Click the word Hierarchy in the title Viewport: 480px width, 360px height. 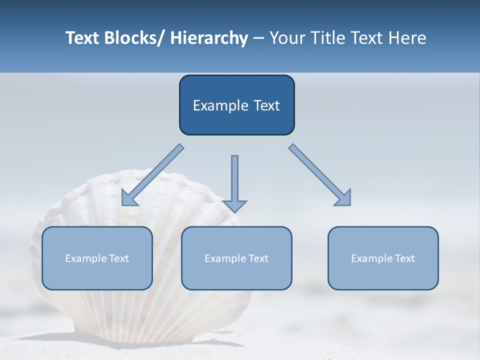[x=209, y=38]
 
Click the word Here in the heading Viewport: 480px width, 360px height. [x=407, y=38]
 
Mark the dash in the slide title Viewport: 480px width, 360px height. [x=258, y=38]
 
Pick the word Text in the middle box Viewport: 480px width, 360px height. [x=258, y=258]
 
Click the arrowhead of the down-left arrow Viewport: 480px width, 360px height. [x=128, y=198]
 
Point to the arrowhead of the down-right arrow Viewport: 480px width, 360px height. [x=344, y=198]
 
